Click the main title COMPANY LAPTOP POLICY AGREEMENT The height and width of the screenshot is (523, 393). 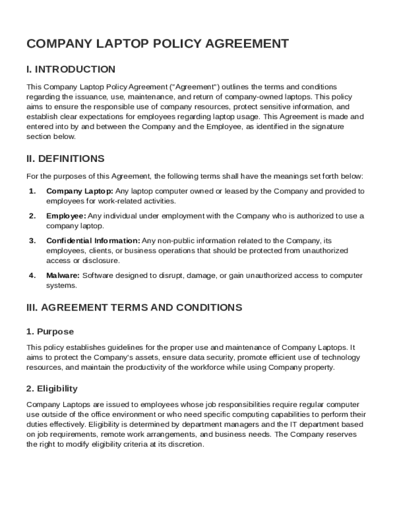click(x=157, y=44)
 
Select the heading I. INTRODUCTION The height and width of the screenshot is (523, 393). click(x=71, y=69)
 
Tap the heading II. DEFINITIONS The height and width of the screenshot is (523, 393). click(x=65, y=158)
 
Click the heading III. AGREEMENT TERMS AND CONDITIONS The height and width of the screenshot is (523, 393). click(x=134, y=307)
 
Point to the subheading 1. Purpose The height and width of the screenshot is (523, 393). click(x=50, y=331)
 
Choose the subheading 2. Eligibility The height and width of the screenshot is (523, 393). click(x=52, y=389)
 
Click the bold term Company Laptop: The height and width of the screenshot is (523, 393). click(x=80, y=191)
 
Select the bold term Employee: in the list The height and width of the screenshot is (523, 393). click(x=66, y=216)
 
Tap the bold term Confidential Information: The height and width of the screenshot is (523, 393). click(x=93, y=241)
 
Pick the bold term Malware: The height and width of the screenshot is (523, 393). click(x=63, y=275)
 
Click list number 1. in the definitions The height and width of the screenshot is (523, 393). click(x=32, y=191)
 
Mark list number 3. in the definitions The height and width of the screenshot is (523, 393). click(x=32, y=241)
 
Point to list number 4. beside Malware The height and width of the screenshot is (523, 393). click(x=32, y=275)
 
